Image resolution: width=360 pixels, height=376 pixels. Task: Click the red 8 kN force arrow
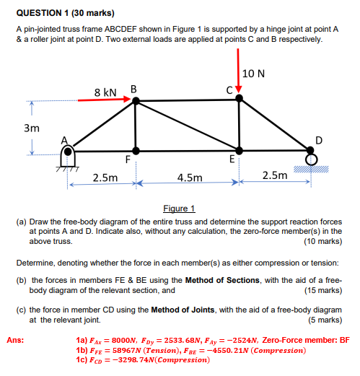tap(105, 100)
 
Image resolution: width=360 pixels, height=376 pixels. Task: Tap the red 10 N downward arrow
tap(238, 78)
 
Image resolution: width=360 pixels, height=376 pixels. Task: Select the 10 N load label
tap(255, 74)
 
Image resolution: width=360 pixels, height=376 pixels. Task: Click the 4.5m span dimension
tap(190, 176)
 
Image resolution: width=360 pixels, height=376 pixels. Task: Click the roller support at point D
tap(311, 158)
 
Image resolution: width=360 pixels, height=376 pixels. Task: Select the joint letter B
tap(133, 89)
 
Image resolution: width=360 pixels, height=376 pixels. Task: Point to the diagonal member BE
tap(188, 126)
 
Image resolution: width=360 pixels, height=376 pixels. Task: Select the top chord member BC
tap(188, 100)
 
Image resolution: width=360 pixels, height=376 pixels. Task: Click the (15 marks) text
tap(322, 291)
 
